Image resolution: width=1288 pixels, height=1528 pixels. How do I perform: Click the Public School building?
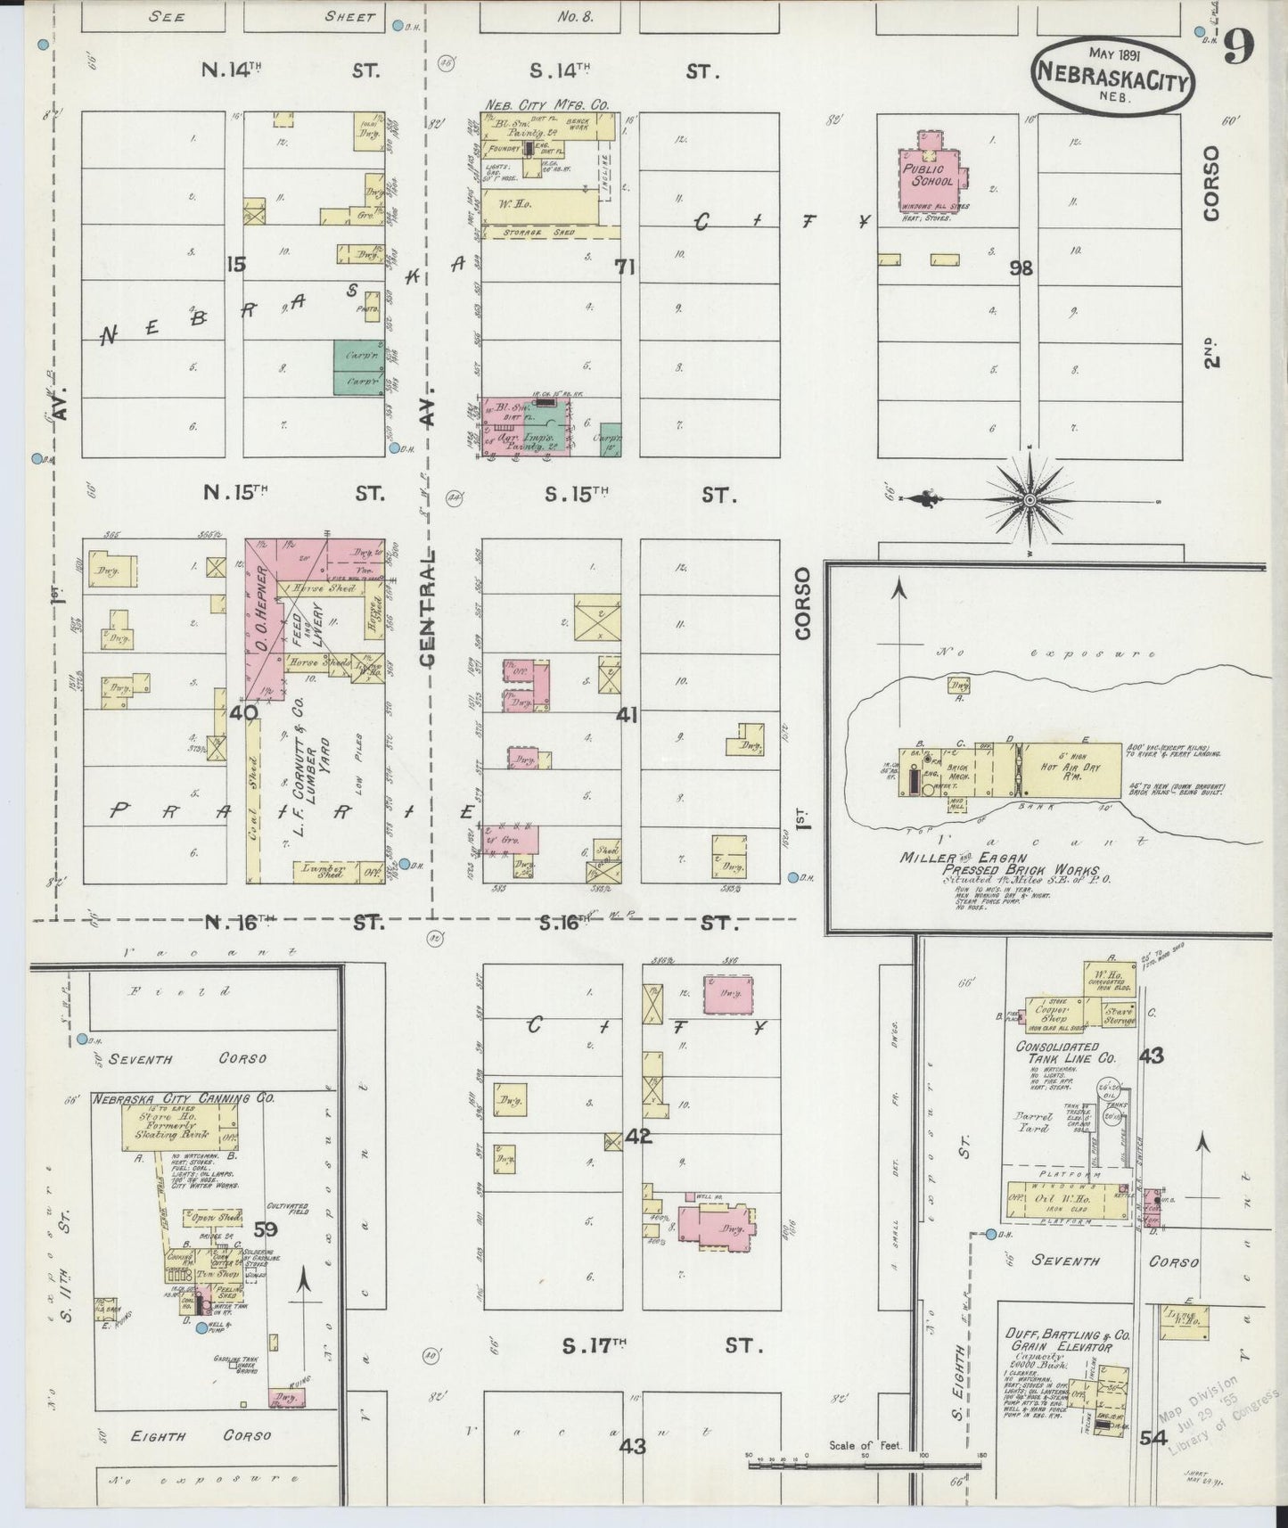(x=937, y=175)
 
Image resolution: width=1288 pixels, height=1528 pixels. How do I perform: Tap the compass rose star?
(x=1030, y=499)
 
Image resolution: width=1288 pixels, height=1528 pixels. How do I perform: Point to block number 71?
(x=624, y=266)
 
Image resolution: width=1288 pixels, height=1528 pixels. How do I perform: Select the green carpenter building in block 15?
(x=357, y=366)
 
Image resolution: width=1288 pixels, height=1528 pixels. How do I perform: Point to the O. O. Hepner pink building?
(x=264, y=624)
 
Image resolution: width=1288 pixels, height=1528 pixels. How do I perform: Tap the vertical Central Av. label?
(x=429, y=606)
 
